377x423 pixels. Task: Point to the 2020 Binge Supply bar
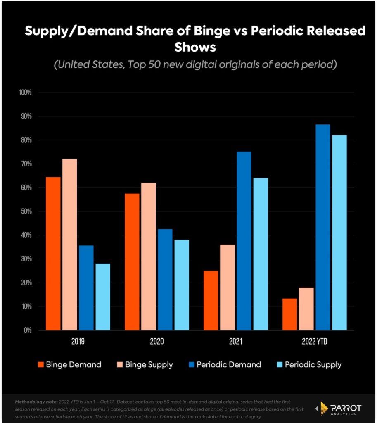click(x=148, y=257)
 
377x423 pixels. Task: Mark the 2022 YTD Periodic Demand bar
click(x=322, y=227)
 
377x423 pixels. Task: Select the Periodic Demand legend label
click(x=229, y=365)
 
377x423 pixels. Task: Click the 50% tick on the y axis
click(x=26, y=211)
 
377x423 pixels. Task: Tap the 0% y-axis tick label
click(x=27, y=330)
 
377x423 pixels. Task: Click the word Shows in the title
click(x=195, y=47)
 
